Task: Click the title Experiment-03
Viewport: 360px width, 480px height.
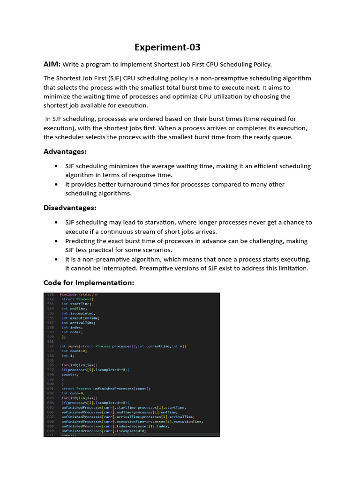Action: [167, 47]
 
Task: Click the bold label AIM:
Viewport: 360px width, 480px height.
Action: [52, 64]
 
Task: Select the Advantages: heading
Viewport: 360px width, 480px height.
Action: [65, 151]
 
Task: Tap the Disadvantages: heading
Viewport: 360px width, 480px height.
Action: [70, 208]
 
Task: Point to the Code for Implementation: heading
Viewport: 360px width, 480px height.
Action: [89, 283]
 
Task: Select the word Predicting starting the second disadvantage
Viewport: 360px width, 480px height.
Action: [82, 241]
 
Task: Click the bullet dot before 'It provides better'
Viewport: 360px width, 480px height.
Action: [56, 185]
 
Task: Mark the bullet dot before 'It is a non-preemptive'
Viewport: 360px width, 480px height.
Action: [56, 259]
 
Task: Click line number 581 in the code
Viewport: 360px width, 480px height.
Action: [50, 294]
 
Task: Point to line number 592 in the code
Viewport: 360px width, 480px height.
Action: [50, 346]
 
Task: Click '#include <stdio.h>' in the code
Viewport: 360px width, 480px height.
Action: [78, 294]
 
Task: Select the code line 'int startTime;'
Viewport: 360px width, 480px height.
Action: [74, 304]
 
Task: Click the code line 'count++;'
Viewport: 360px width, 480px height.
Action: [70, 375]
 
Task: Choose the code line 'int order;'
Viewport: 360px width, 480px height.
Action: [72, 332]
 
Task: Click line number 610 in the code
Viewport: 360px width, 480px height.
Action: [50, 431]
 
